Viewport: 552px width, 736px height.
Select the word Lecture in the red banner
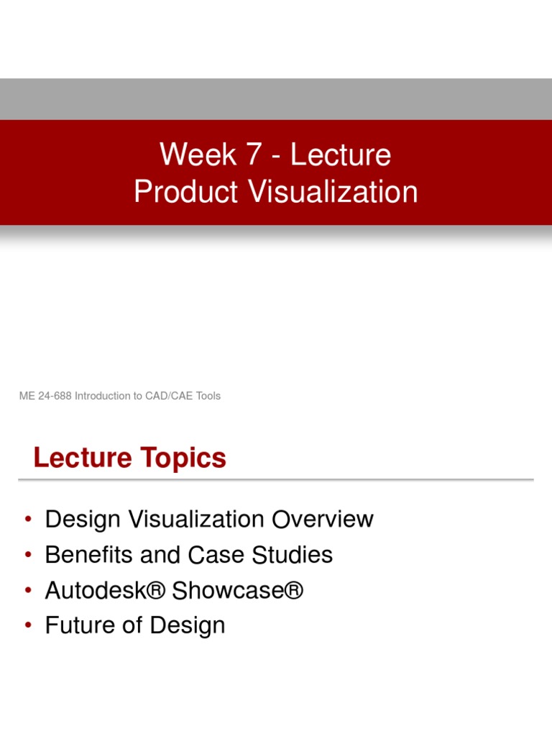pyautogui.click(x=341, y=155)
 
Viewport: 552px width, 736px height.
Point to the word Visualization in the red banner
pyautogui.click(x=333, y=192)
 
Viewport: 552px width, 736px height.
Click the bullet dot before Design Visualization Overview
pyautogui.click(x=28, y=520)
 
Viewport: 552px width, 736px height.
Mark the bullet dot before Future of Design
pyautogui.click(x=28, y=626)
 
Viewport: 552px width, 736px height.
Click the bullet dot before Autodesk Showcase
pyautogui.click(x=28, y=591)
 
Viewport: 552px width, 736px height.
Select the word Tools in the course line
pyautogui.click(x=206, y=396)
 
